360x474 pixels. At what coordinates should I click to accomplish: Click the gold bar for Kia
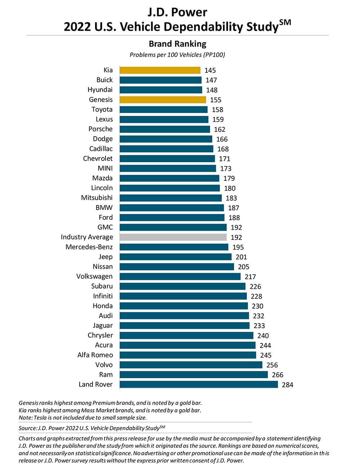click(x=160, y=70)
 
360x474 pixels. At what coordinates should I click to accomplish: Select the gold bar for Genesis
click(x=163, y=100)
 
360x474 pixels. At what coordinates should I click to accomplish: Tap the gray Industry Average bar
click(x=173, y=237)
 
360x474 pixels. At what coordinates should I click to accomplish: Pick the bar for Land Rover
click(x=199, y=384)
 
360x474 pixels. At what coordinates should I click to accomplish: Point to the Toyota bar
click(x=163, y=109)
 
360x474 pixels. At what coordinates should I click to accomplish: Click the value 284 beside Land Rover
click(x=288, y=385)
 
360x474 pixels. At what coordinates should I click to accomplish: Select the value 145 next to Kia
click(x=210, y=71)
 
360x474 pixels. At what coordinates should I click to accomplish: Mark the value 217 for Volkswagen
click(x=250, y=277)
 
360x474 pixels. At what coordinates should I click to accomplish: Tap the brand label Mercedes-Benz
click(x=89, y=247)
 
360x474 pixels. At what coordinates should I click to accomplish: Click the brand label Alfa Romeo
click(x=95, y=355)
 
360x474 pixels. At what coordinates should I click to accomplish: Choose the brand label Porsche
click(x=100, y=129)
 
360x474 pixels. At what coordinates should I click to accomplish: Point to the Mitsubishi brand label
click(x=97, y=198)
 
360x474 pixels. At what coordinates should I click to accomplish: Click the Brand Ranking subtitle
click(x=177, y=44)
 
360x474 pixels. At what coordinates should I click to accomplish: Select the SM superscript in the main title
click(x=285, y=22)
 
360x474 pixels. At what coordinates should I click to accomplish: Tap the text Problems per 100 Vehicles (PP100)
click(x=177, y=55)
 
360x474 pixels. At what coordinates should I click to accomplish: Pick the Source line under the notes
click(x=92, y=428)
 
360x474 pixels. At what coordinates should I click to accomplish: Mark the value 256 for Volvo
click(x=272, y=365)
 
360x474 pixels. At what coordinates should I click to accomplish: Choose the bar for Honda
click(x=184, y=306)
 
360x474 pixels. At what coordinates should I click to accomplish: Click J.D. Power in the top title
click(x=177, y=12)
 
